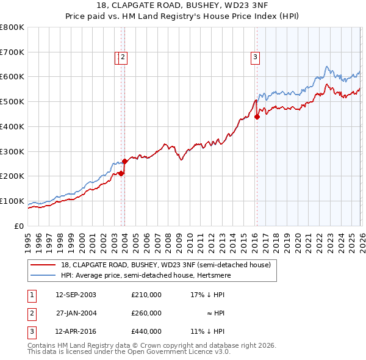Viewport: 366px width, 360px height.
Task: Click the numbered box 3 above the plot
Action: [x=254, y=57]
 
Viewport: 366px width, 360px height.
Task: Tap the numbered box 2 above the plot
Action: [x=123, y=57]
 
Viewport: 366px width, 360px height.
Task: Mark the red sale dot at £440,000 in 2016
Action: [x=257, y=117]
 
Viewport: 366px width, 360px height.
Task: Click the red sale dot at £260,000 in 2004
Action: [x=124, y=162]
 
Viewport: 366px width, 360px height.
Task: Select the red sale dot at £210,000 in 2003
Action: [x=121, y=174]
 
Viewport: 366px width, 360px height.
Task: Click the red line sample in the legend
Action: [x=43, y=265]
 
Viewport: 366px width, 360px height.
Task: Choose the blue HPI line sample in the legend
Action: [x=43, y=275]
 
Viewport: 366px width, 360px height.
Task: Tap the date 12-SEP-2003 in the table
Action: [x=76, y=295]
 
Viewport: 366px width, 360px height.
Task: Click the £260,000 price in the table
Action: [x=146, y=313]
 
